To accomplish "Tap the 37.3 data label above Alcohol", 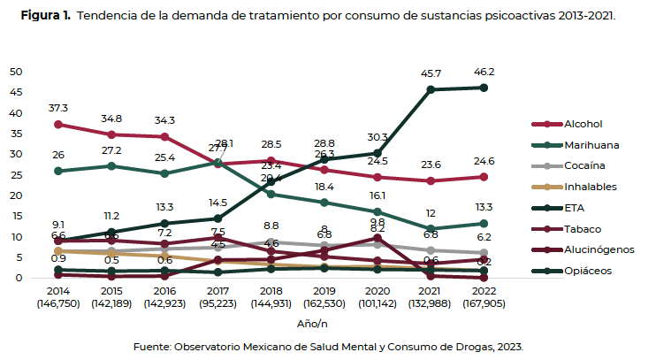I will pyautogui.click(x=58, y=108).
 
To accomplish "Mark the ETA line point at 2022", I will pyautogui.click(x=482, y=87).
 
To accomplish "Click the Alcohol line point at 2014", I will pyautogui.click(x=58, y=124).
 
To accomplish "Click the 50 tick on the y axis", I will pyautogui.click(x=16, y=72).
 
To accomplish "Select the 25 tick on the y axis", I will pyautogui.click(x=16, y=175).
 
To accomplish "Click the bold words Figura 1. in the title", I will pyautogui.click(x=46, y=16).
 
